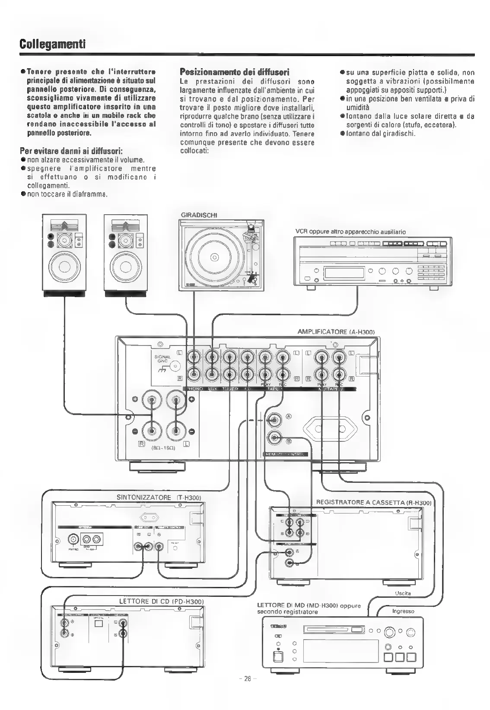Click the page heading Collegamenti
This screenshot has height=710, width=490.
pos(52,44)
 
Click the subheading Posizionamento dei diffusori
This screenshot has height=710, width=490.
pos(234,72)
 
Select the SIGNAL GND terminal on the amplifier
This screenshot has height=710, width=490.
pos(175,367)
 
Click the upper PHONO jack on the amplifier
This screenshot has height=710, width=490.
pos(194,357)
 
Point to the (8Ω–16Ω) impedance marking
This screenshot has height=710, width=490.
pos(162,447)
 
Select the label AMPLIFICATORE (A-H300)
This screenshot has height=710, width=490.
pos(335,332)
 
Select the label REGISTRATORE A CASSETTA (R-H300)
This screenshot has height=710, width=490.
pos(374,502)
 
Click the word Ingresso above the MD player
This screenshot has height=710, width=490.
pos(403,611)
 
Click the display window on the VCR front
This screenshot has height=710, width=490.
pos(344,272)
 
